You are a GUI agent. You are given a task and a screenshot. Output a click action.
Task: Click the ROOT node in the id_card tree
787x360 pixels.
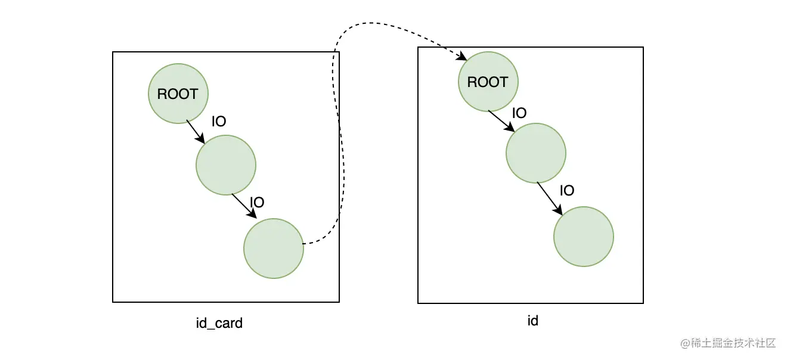pos(178,94)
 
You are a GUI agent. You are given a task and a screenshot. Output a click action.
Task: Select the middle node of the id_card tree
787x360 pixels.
pos(225,165)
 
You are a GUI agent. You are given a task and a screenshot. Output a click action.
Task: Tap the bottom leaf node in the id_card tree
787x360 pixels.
pos(273,249)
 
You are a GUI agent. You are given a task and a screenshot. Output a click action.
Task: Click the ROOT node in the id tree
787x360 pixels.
pos(488,82)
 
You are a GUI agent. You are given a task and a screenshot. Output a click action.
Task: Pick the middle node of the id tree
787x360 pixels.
pos(535,153)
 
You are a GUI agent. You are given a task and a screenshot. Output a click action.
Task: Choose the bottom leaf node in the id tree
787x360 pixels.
pos(583,237)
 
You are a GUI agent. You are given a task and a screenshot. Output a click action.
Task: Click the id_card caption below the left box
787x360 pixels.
pos(219,324)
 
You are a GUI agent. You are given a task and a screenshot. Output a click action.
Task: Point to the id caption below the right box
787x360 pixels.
pos(532,321)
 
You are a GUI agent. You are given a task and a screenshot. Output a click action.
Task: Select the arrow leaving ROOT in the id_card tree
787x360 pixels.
pos(196,132)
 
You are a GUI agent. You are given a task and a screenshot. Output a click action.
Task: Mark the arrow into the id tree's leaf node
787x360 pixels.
pos(550,198)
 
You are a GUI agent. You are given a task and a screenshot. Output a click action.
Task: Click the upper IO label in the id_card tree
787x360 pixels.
pos(219,122)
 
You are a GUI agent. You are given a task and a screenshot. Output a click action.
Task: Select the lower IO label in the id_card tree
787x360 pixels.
pos(257,203)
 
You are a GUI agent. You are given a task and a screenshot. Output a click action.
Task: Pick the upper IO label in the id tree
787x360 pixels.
pos(519,113)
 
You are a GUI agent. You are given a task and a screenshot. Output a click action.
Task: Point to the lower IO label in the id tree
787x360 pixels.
pos(567,191)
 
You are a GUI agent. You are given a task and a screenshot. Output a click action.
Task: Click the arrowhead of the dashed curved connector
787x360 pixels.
pos(462,58)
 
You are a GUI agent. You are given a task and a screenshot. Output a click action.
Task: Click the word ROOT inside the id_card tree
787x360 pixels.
pos(178,94)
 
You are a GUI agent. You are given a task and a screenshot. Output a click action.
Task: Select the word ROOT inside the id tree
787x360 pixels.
pos(488,82)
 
